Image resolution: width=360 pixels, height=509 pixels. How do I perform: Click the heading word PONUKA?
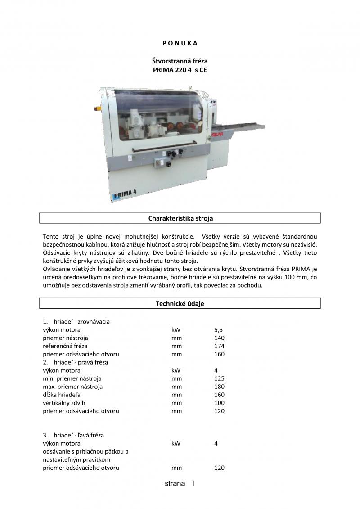coord(180,43)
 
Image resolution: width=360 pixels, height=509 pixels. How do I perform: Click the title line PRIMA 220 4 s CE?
coord(180,70)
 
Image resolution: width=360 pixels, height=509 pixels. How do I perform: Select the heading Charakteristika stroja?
coord(180,218)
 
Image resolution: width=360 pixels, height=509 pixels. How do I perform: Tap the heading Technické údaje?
coord(180,304)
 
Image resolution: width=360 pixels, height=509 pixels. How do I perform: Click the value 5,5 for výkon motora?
coord(219,330)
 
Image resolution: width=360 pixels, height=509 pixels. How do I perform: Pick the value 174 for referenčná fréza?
coord(219,346)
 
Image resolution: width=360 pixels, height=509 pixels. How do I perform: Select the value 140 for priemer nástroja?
coord(219,338)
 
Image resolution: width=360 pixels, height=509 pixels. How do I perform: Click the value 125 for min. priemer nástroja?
coord(219,378)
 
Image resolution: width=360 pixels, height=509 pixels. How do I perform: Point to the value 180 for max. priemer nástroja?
coord(219,387)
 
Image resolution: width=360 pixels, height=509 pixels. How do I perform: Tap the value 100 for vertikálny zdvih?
coord(219,403)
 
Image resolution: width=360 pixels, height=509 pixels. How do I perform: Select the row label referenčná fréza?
coord(65,346)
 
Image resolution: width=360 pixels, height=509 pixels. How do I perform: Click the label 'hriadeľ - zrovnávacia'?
coord(81,322)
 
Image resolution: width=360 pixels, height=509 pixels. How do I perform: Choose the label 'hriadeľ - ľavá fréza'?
coord(79,435)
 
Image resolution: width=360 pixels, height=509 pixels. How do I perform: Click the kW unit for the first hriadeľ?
coord(175,330)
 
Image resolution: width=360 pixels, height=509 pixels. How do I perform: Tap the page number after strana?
coord(193,484)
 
